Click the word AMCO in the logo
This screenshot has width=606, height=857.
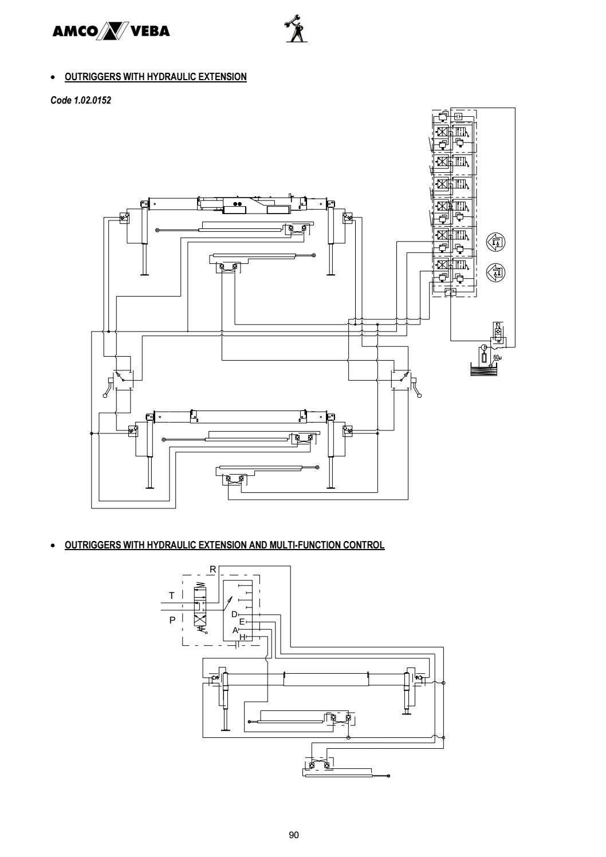pyautogui.click(x=73, y=31)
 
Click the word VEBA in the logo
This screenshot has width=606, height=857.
pyautogui.click(x=151, y=31)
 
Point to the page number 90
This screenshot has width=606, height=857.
pyautogui.click(x=294, y=835)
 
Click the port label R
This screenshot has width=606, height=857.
pyautogui.click(x=213, y=569)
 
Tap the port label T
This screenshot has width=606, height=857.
pyautogui.click(x=171, y=595)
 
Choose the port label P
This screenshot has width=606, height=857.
pyautogui.click(x=172, y=620)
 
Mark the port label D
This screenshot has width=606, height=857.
pyautogui.click(x=234, y=614)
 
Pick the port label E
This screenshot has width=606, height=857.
pyautogui.click(x=242, y=621)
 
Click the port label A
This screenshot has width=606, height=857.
pyautogui.click(x=235, y=630)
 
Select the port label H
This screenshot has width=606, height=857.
pyautogui.click(x=242, y=637)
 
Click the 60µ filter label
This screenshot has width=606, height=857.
pyautogui.click(x=497, y=358)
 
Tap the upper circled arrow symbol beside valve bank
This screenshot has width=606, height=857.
pyautogui.click(x=495, y=242)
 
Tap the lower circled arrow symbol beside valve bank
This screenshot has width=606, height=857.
pyautogui.click(x=495, y=272)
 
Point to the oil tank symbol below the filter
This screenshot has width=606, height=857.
pyautogui.click(x=483, y=369)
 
